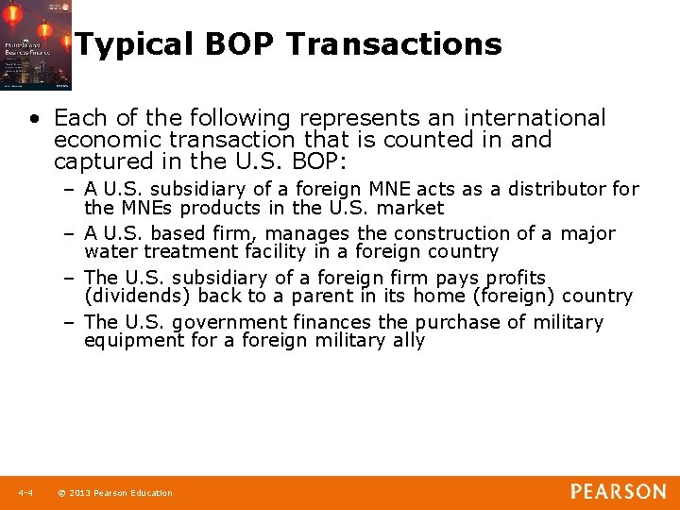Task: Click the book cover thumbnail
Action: click(36, 45)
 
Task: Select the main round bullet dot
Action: click(35, 119)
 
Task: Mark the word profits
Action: click(515, 278)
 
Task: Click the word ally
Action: click(408, 340)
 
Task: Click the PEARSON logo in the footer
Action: click(618, 491)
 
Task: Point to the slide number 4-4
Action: click(25, 492)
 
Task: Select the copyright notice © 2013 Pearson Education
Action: click(115, 492)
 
